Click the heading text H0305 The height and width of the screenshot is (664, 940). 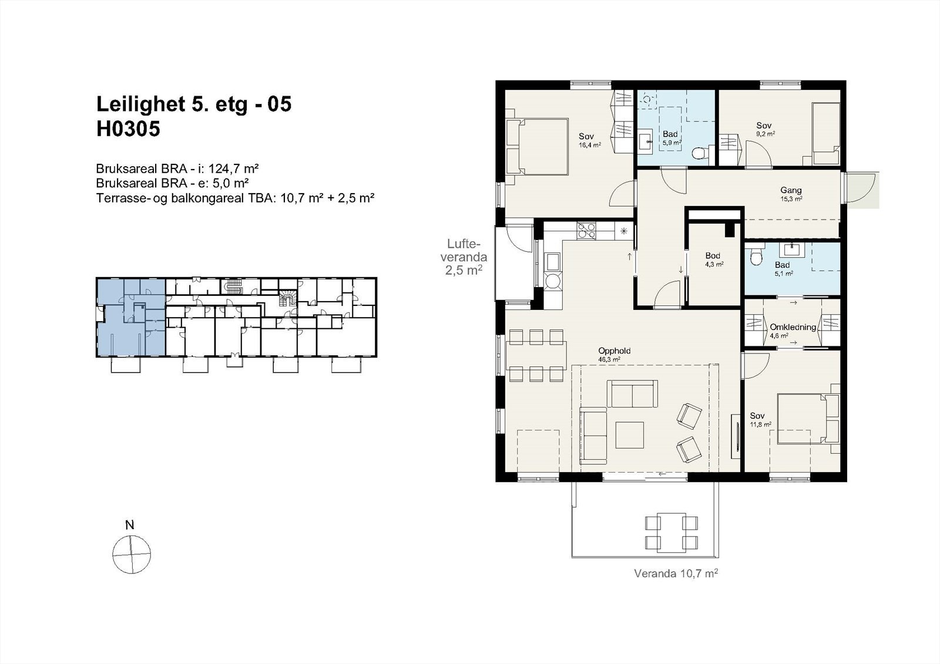128,129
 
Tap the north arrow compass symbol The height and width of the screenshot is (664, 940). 132,554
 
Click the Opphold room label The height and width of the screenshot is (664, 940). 614,351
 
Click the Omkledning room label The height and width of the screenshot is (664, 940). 793,327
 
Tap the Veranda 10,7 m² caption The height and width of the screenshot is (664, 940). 676,573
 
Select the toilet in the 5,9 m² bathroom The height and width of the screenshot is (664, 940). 699,153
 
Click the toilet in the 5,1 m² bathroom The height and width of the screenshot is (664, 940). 756,255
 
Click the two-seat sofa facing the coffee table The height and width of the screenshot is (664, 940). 632,394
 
